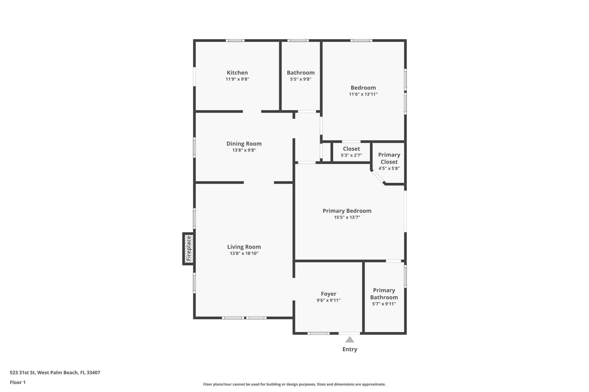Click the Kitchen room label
[x=237, y=73]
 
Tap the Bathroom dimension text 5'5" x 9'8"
[x=301, y=79]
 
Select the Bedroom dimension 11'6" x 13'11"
[x=363, y=94]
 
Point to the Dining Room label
[x=244, y=144]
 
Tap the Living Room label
[x=244, y=247]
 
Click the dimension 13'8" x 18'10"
[x=244, y=254]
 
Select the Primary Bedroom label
[x=347, y=211]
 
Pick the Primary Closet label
[x=389, y=158]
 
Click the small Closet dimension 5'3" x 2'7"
[x=351, y=156]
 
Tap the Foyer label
[x=329, y=294]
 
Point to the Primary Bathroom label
[x=384, y=294]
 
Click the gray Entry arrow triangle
[x=350, y=340]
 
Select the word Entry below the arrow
[x=350, y=349]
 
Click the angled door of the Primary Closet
[x=378, y=177]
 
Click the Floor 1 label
[x=17, y=382]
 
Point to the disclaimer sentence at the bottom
[x=294, y=384]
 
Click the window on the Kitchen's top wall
[x=235, y=40]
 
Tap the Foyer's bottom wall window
[x=318, y=333]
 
